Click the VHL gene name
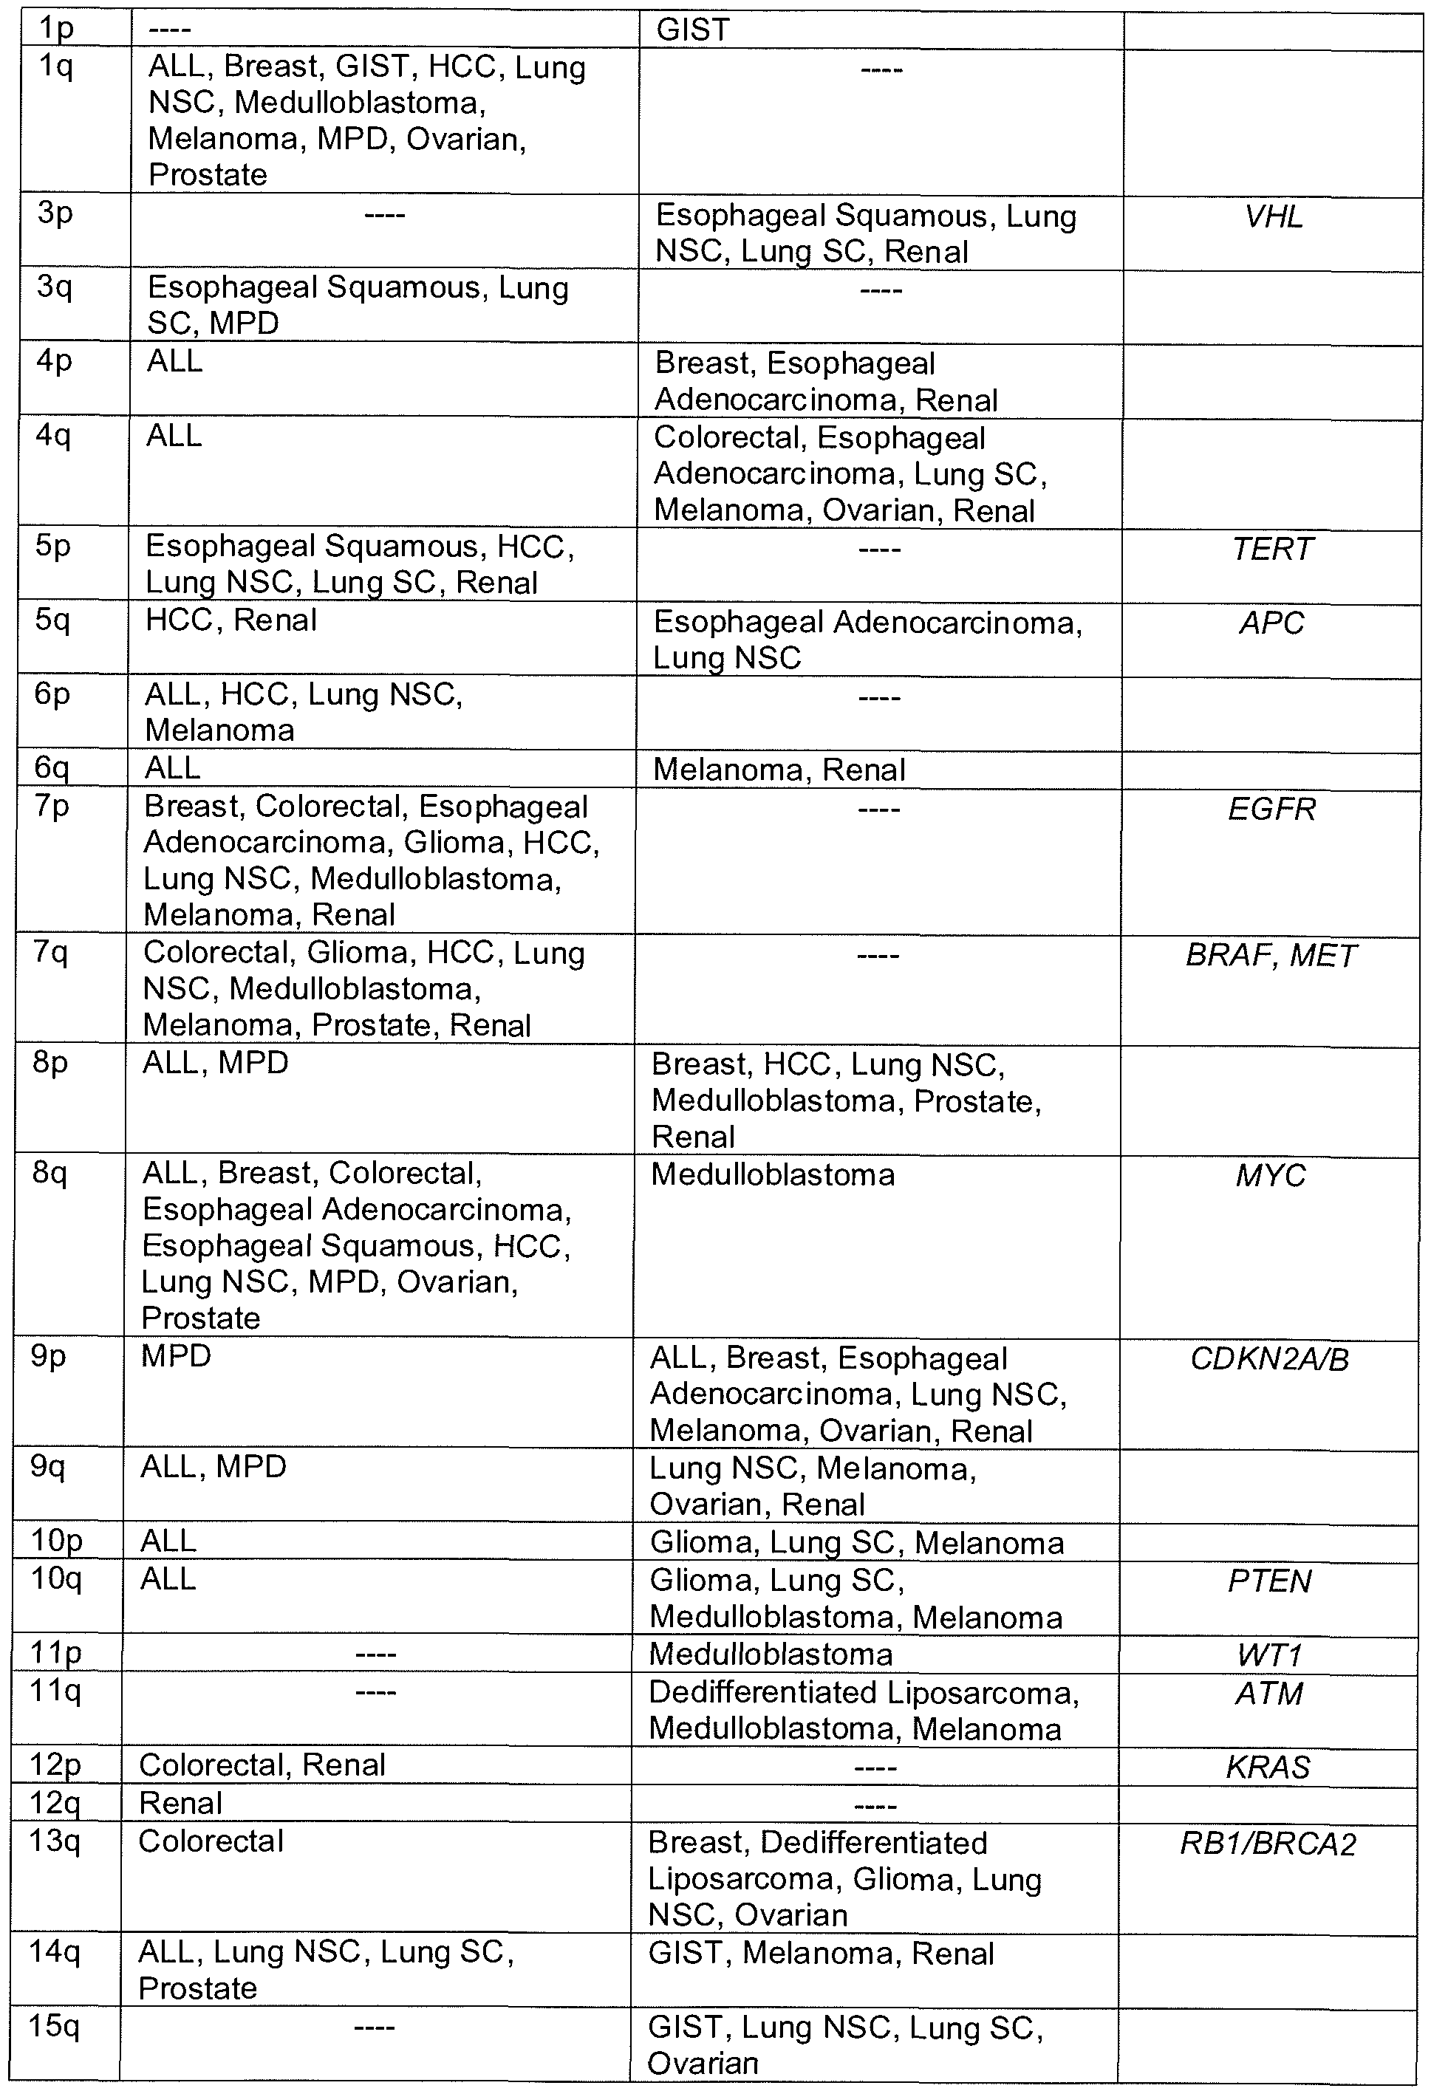pos(1274,217)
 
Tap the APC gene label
pos(1271,623)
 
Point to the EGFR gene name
pos(1271,809)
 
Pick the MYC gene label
pos(1270,1175)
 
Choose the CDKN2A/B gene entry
pos(1270,1358)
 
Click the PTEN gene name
pos(1269,1581)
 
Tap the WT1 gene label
pos(1269,1654)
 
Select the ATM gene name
pos(1269,1694)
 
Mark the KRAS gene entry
pos(1268,1767)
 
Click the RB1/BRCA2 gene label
pos(1267,1844)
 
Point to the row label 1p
pos(56,29)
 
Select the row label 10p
pos(57,1541)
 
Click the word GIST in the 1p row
pos(693,30)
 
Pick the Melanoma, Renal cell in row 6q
pos(779,770)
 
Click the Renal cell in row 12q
pos(181,1803)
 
